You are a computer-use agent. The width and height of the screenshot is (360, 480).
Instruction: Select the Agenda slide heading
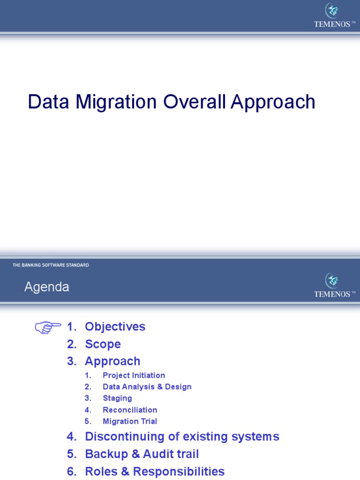pyautogui.click(x=46, y=287)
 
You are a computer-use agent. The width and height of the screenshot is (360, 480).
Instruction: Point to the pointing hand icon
pyautogui.click(x=48, y=327)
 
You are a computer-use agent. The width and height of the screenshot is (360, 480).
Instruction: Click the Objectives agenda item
pyautogui.click(x=115, y=327)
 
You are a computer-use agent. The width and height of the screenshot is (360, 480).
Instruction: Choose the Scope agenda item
pyautogui.click(x=103, y=344)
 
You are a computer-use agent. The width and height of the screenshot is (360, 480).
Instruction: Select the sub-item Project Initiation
pyautogui.click(x=134, y=375)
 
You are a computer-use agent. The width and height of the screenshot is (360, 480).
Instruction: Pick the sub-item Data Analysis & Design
pyautogui.click(x=147, y=387)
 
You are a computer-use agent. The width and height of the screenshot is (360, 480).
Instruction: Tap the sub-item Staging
pyautogui.click(x=117, y=398)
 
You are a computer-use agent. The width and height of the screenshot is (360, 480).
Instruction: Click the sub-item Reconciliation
pyautogui.click(x=130, y=410)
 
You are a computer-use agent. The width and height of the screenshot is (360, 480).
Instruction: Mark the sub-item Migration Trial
pyautogui.click(x=130, y=421)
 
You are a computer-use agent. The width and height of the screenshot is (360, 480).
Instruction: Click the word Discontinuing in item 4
pyautogui.click(x=124, y=437)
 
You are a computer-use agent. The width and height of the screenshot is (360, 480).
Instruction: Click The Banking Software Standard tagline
pyautogui.click(x=51, y=265)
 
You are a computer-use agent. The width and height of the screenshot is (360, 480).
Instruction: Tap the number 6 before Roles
pyautogui.click(x=71, y=472)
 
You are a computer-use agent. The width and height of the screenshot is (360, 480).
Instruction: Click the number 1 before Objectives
pyautogui.click(x=71, y=327)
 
